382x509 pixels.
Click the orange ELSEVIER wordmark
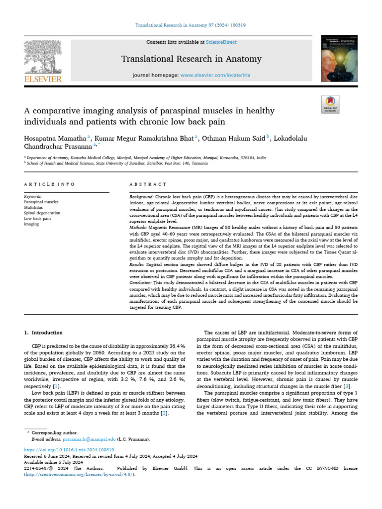point(44,79)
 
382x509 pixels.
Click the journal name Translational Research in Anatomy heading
point(191,59)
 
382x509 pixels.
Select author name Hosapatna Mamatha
point(55,137)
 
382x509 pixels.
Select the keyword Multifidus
point(34,207)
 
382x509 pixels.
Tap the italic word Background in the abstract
point(141,197)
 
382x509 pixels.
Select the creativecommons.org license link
point(79,475)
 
